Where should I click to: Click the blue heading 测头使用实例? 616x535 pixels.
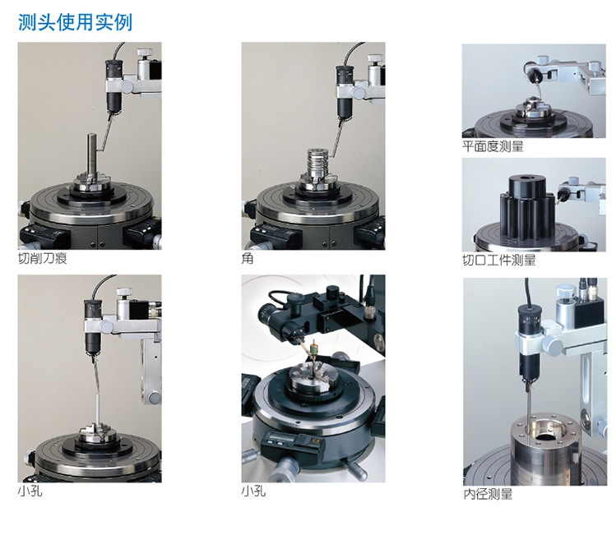click(x=75, y=22)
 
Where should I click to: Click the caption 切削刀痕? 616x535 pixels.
click(x=43, y=258)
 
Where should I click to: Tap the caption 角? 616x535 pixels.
click(x=248, y=258)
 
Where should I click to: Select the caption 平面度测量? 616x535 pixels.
click(x=493, y=146)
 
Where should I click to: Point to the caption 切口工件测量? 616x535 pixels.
click(x=499, y=260)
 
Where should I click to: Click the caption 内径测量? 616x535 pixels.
click(x=488, y=494)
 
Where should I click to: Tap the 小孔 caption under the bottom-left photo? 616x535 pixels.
click(x=30, y=491)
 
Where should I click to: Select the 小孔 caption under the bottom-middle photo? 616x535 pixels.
click(x=254, y=491)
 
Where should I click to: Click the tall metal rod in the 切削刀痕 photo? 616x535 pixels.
click(x=92, y=155)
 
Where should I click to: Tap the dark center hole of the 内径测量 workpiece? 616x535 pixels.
click(x=546, y=437)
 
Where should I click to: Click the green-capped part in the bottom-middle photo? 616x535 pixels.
click(x=314, y=348)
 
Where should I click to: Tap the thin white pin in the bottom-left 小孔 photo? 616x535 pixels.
click(x=97, y=409)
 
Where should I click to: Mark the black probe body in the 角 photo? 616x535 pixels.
click(x=345, y=91)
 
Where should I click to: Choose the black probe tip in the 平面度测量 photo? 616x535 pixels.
click(x=535, y=76)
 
